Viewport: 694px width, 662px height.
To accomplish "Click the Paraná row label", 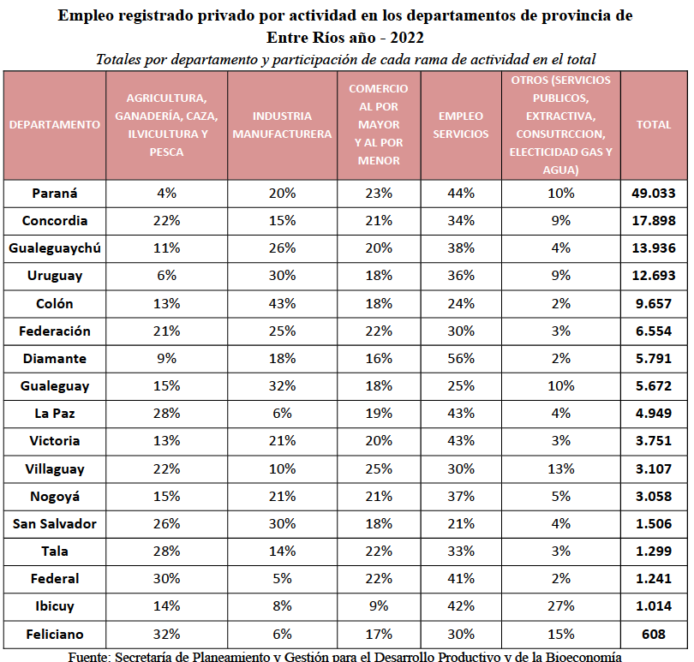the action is tap(55, 194).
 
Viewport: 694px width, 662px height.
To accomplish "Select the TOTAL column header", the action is tap(653, 125).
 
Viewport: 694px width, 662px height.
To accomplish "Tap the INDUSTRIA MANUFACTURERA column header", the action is tap(282, 125).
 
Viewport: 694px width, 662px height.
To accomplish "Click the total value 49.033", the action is tap(653, 194).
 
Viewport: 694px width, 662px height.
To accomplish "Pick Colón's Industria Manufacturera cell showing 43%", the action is tap(282, 303).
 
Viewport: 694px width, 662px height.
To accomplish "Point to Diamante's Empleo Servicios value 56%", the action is tap(461, 359).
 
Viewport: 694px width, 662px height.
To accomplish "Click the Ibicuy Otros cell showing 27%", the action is tap(561, 605).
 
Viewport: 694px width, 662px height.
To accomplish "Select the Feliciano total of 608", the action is tap(653, 634).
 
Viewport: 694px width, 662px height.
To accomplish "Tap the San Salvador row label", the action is tap(55, 524).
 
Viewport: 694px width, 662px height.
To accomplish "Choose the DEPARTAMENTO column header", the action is tap(55, 125).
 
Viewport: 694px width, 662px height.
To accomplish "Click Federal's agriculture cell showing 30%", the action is tap(166, 578).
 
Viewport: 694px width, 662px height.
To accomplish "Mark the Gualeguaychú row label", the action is tap(55, 248).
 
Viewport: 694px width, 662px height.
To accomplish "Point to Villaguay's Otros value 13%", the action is tap(561, 468).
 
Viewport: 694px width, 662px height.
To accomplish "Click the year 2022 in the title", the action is tap(407, 38).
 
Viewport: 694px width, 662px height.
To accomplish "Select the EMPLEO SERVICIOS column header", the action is tap(461, 125).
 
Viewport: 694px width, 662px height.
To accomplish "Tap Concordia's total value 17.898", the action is tap(653, 221).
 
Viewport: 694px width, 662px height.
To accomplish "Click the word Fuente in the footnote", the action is tap(89, 656).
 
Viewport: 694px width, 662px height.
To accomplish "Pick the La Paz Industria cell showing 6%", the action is tap(282, 414).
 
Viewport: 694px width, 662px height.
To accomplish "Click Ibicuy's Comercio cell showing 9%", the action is tap(379, 605).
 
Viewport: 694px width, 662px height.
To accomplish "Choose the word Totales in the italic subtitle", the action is tap(118, 59).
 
